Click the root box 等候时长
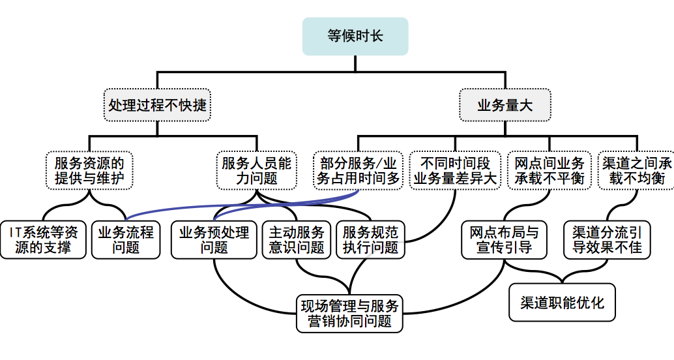355,36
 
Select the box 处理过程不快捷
157,104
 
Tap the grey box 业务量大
505,104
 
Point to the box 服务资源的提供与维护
89,170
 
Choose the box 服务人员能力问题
257,170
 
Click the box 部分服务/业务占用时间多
358,170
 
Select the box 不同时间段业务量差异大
455,170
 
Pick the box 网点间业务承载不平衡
549,170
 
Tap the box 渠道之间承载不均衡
636,170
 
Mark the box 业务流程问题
126,239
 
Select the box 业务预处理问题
214,239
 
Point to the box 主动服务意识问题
297,239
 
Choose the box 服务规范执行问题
370,239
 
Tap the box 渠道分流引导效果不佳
607,239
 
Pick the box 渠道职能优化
562,303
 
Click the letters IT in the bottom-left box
16,232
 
